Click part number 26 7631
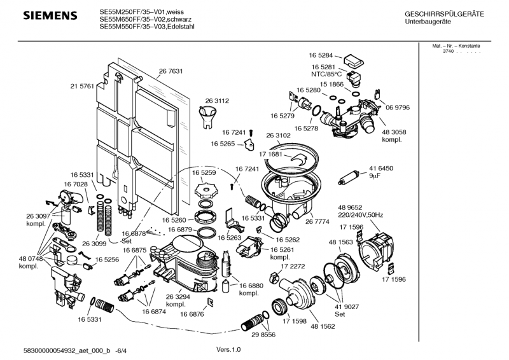pos(171,71)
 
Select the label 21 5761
pos(82,85)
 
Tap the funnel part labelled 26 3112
pos(208,116)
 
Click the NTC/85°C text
pos(326,75)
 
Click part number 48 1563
pos(342,242)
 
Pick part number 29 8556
pos(264,335)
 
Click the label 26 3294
pos(179,297)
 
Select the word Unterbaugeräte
pos(428,22)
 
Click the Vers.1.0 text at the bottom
pos(229,349)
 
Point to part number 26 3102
pos(278,135)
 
